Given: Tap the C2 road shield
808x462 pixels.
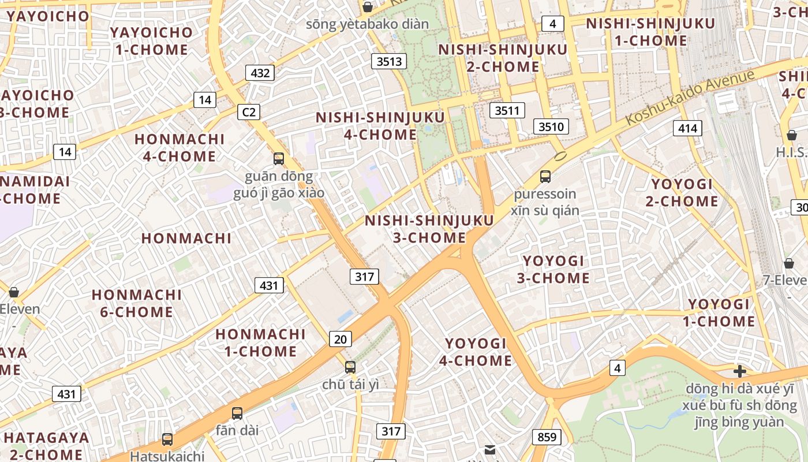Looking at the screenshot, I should click(249, 111).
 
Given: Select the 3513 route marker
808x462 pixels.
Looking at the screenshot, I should click(389, 61).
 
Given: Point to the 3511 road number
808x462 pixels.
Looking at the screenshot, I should click(507, 110).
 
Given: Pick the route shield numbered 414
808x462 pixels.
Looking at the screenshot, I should click(687, 128).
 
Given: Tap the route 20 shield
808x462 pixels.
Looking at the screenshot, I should click(341, 339).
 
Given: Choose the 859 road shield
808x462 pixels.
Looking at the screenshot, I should click(546, 437).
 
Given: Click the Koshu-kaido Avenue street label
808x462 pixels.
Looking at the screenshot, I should click(690, 96).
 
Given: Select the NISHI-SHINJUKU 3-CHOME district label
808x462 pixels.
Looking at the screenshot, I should click(429, 229).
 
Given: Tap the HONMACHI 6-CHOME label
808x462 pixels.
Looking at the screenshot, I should click(137, 303).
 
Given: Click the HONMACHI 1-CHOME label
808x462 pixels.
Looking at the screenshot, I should click(260, 342).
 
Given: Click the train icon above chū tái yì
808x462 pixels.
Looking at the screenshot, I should click(350, 367).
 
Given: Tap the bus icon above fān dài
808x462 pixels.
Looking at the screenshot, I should click(237, 413).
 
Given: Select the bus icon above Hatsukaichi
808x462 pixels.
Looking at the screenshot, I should click(167, 439).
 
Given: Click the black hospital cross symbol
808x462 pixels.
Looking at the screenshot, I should click(739, 371).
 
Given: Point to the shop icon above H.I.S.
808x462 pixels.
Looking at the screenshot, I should click(792, 135).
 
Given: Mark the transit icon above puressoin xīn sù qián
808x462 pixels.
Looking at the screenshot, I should click(545, 177).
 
